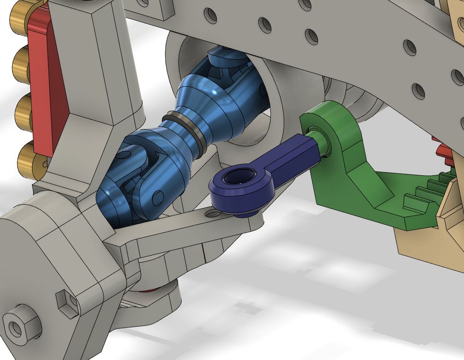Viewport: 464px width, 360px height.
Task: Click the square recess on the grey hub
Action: tap(66, 303)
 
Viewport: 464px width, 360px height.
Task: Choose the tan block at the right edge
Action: tap(430, 242)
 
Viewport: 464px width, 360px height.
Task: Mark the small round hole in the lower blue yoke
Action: tap(157, 197)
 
